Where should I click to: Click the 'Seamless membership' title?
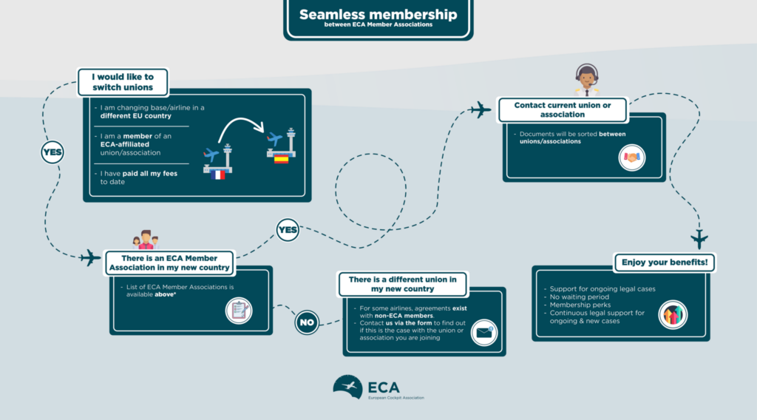pos(378,16)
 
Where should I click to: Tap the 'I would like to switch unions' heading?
pos(123,82)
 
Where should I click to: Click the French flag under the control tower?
pos(218,176)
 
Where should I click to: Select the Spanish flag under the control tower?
pos(281,157)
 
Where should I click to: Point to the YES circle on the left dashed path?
pos(52,153)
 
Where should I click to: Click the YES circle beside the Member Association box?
pos(287,230)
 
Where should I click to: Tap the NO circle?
pos(307,322)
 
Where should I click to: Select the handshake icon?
pos(632,157)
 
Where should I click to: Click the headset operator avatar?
pos(586,78)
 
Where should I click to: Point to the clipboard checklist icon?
pos(239,310)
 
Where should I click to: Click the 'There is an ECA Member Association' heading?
pos(169,262)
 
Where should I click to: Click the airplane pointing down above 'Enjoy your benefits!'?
pos(699,239)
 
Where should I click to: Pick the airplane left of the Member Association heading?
pos(90,258)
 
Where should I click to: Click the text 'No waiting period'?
pos(580,296)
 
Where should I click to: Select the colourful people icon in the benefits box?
pos(673,314)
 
